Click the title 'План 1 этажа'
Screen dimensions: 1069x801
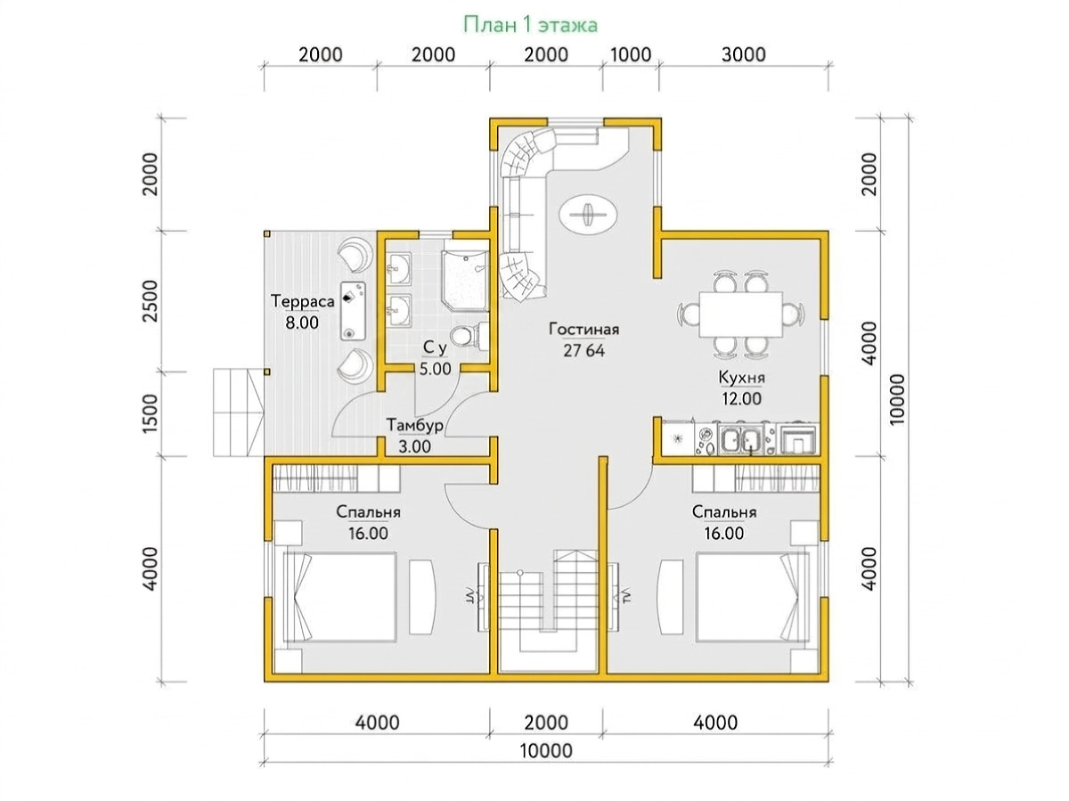click(530, 24)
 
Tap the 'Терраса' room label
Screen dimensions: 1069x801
click(302, 301)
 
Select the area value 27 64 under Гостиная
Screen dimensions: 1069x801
click(583, 350)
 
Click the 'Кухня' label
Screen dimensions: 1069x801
click(741, 378)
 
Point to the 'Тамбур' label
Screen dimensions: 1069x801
click(414, 425)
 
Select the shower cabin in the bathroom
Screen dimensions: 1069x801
click(464, 281)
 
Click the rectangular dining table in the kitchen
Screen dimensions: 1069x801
click(740, 314)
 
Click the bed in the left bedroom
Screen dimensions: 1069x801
click(339, 596)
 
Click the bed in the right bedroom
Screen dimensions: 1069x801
click(753, 596)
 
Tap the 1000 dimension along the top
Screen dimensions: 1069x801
click(630, 54)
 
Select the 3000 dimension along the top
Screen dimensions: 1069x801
click(743, 54)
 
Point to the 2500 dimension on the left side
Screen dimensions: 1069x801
click(151, 300)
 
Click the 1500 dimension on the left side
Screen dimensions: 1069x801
click(151, 413)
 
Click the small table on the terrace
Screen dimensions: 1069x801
click(353, 310)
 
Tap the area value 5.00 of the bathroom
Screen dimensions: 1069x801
click(436, 369)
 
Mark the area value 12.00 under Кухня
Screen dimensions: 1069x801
click(741, 399)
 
